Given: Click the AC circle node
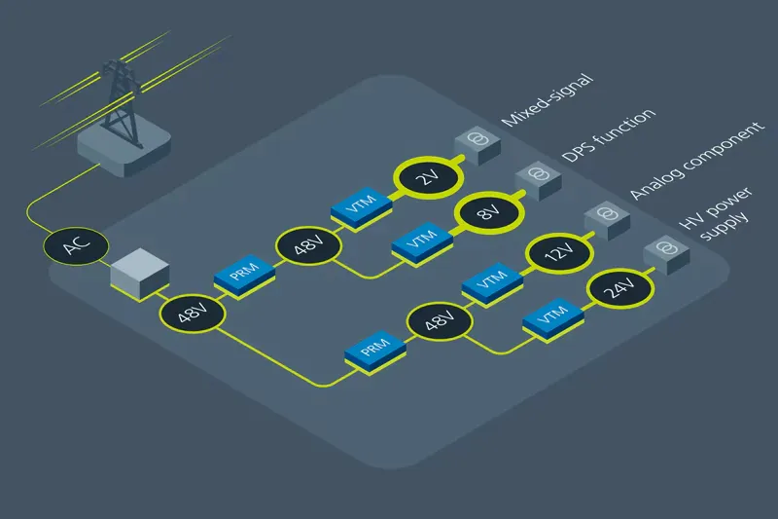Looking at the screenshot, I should point(70,246).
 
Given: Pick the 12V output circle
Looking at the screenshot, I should point(552,256).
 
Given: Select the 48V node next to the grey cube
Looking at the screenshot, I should point(191,315).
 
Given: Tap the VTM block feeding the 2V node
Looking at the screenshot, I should point(361,206).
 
